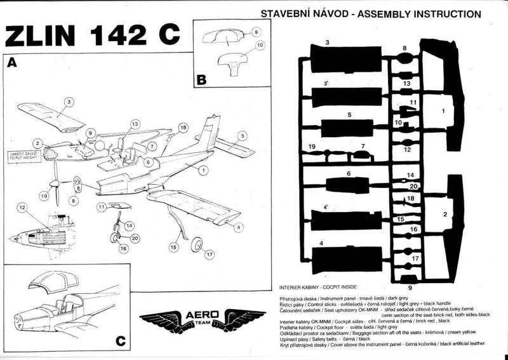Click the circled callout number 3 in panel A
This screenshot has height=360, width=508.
click(x=69, y=101)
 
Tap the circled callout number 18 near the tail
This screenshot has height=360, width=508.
click(x=183, y=128)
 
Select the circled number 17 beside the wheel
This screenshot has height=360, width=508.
click(x=208, y=255)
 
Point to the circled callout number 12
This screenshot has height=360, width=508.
click(x=22, y=207)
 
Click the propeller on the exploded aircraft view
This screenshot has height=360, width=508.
click(x=57, y=182)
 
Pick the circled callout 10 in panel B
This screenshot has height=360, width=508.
click(x=242, y=46)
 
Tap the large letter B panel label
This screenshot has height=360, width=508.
click(x=201, y=80)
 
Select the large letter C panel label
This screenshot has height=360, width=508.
click(x=121, y=341)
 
